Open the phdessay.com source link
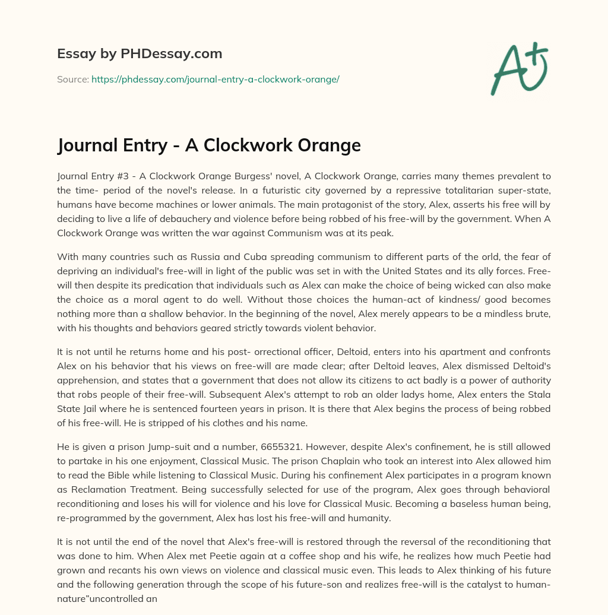click(x=215, y=79)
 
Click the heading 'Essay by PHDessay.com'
click(x=140, y=54)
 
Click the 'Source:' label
click(x=73, y=79)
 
